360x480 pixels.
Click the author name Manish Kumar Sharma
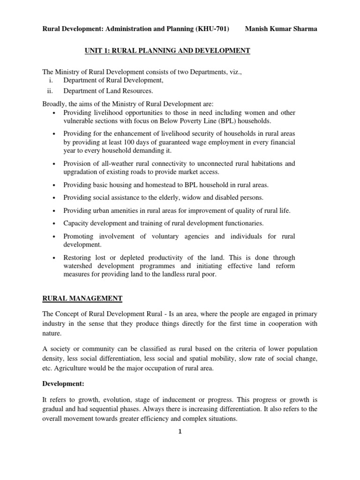click(x=281, y=29)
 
